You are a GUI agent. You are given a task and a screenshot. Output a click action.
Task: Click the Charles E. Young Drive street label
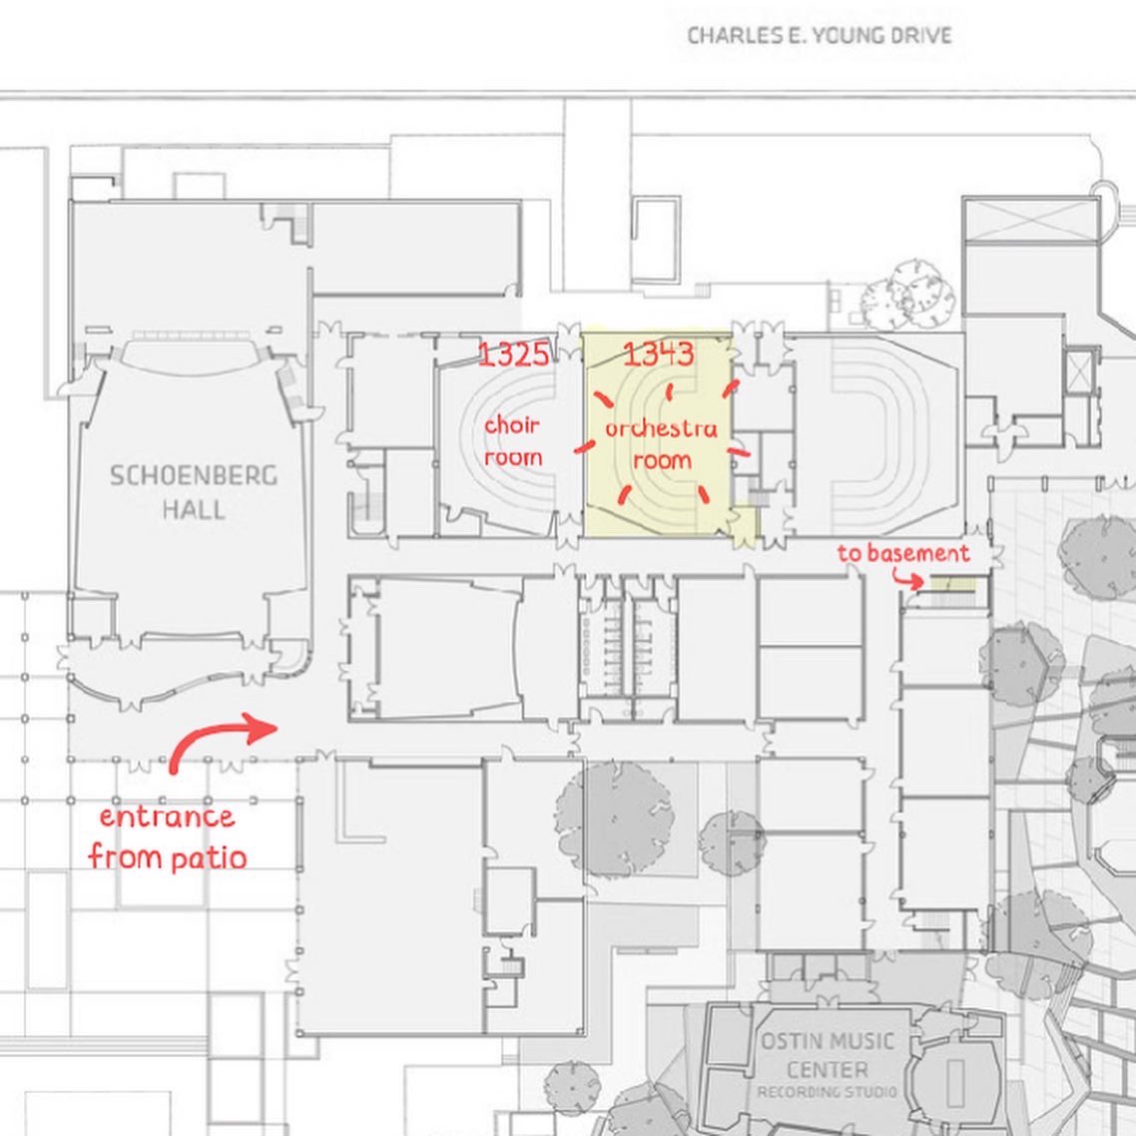tap(820, 36)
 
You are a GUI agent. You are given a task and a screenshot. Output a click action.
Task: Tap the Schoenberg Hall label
tap(194, 492)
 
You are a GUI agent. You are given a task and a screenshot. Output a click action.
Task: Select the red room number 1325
tap(514, 354)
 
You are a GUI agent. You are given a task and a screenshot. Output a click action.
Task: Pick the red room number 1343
tap(659, 354)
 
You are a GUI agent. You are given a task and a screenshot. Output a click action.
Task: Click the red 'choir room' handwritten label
tap(513, 440)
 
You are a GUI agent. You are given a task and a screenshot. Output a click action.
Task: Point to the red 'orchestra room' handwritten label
tap(662, 443)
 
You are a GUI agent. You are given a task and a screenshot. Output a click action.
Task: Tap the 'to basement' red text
tap(903, 553)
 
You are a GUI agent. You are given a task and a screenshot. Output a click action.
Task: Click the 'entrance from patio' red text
tap(168, 838)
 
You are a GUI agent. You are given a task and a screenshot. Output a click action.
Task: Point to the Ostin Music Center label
tap(828, 1055)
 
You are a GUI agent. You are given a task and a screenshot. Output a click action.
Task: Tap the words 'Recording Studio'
tap(827, 1092)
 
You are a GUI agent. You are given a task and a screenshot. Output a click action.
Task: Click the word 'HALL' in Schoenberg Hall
tap(194, 509)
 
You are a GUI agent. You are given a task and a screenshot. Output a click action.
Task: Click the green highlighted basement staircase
tap(952, 583)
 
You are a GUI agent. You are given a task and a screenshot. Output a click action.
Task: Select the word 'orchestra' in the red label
tap(662, 428)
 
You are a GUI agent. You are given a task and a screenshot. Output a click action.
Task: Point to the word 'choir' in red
tap(513, 424)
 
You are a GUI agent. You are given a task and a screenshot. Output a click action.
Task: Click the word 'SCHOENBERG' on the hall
tap(194, 475)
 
